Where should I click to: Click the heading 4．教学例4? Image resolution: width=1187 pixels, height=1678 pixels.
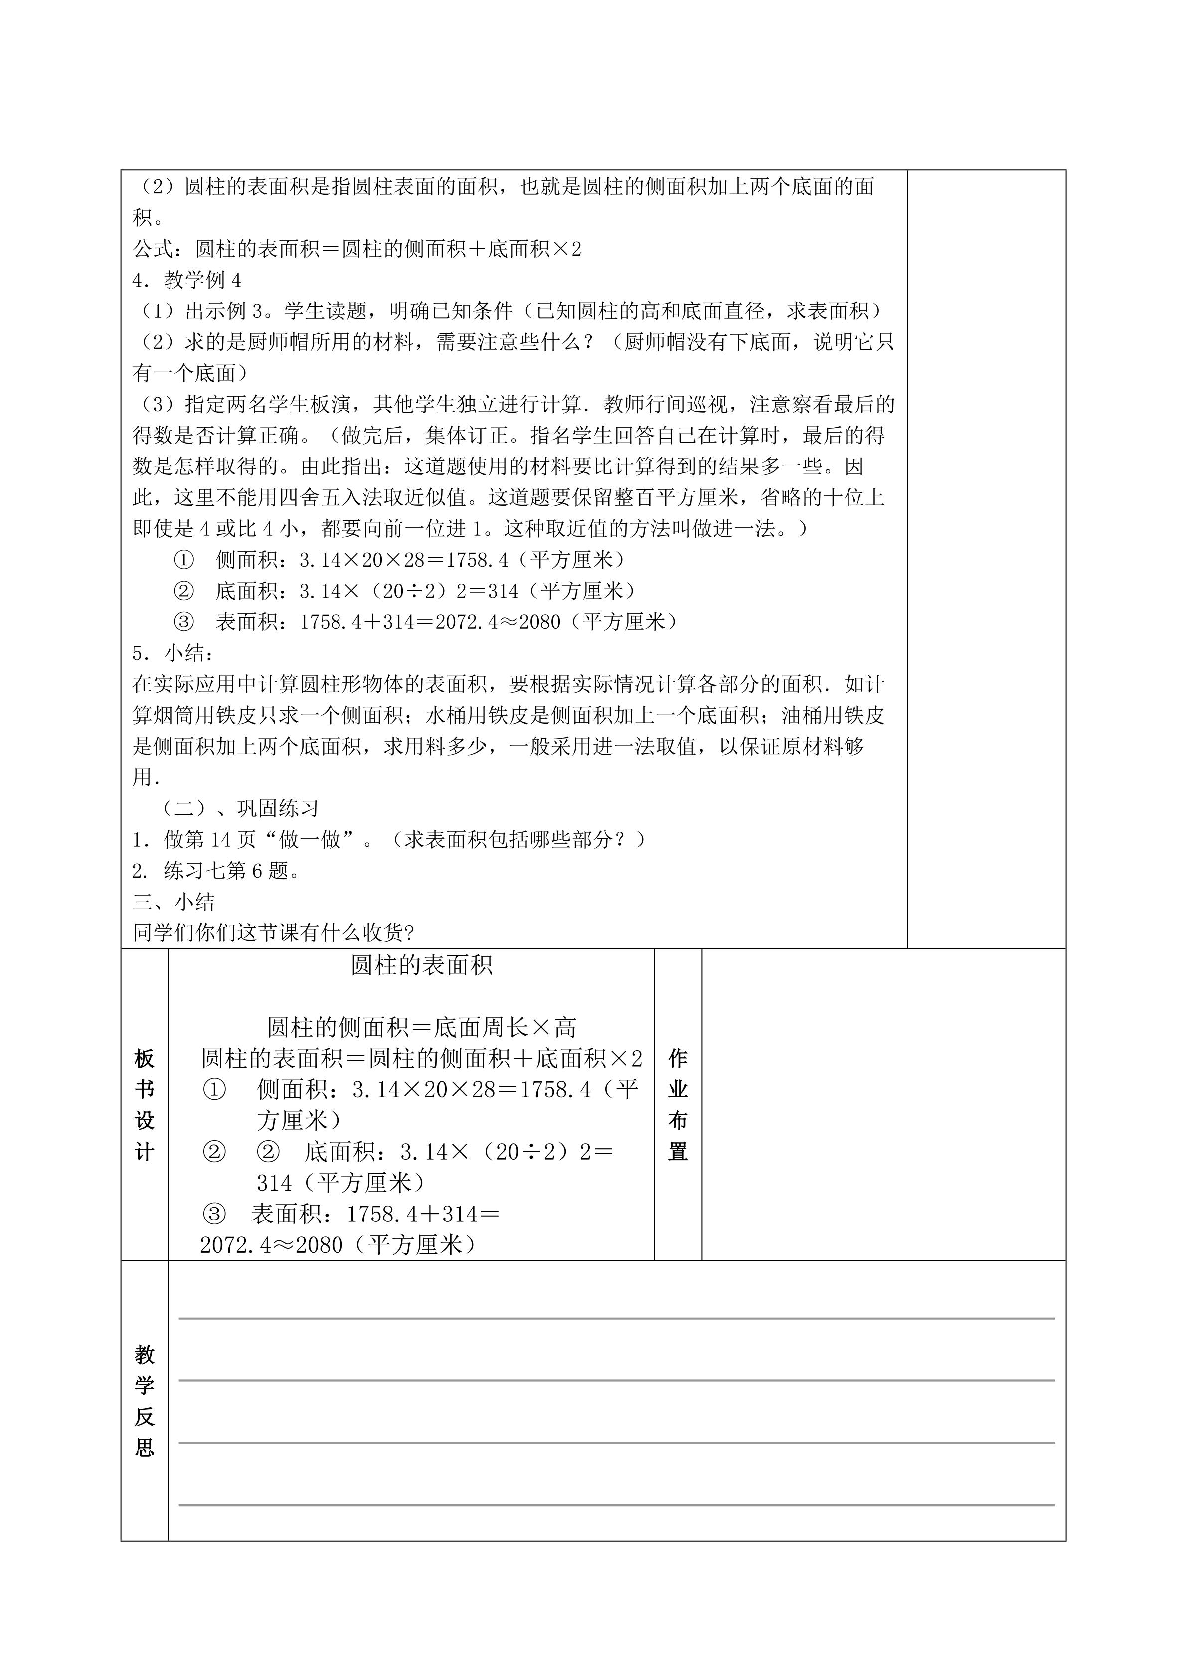(187, 281)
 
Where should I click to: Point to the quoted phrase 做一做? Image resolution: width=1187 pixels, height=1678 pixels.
(310, 840)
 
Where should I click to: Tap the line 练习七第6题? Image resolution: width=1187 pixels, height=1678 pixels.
(217, 871)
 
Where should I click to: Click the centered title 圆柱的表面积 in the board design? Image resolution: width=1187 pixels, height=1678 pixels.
(422, 965)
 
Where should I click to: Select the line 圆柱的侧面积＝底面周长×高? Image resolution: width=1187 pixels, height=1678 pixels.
(422, 1028)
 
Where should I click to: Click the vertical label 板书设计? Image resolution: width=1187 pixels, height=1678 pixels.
(145, 1105)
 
